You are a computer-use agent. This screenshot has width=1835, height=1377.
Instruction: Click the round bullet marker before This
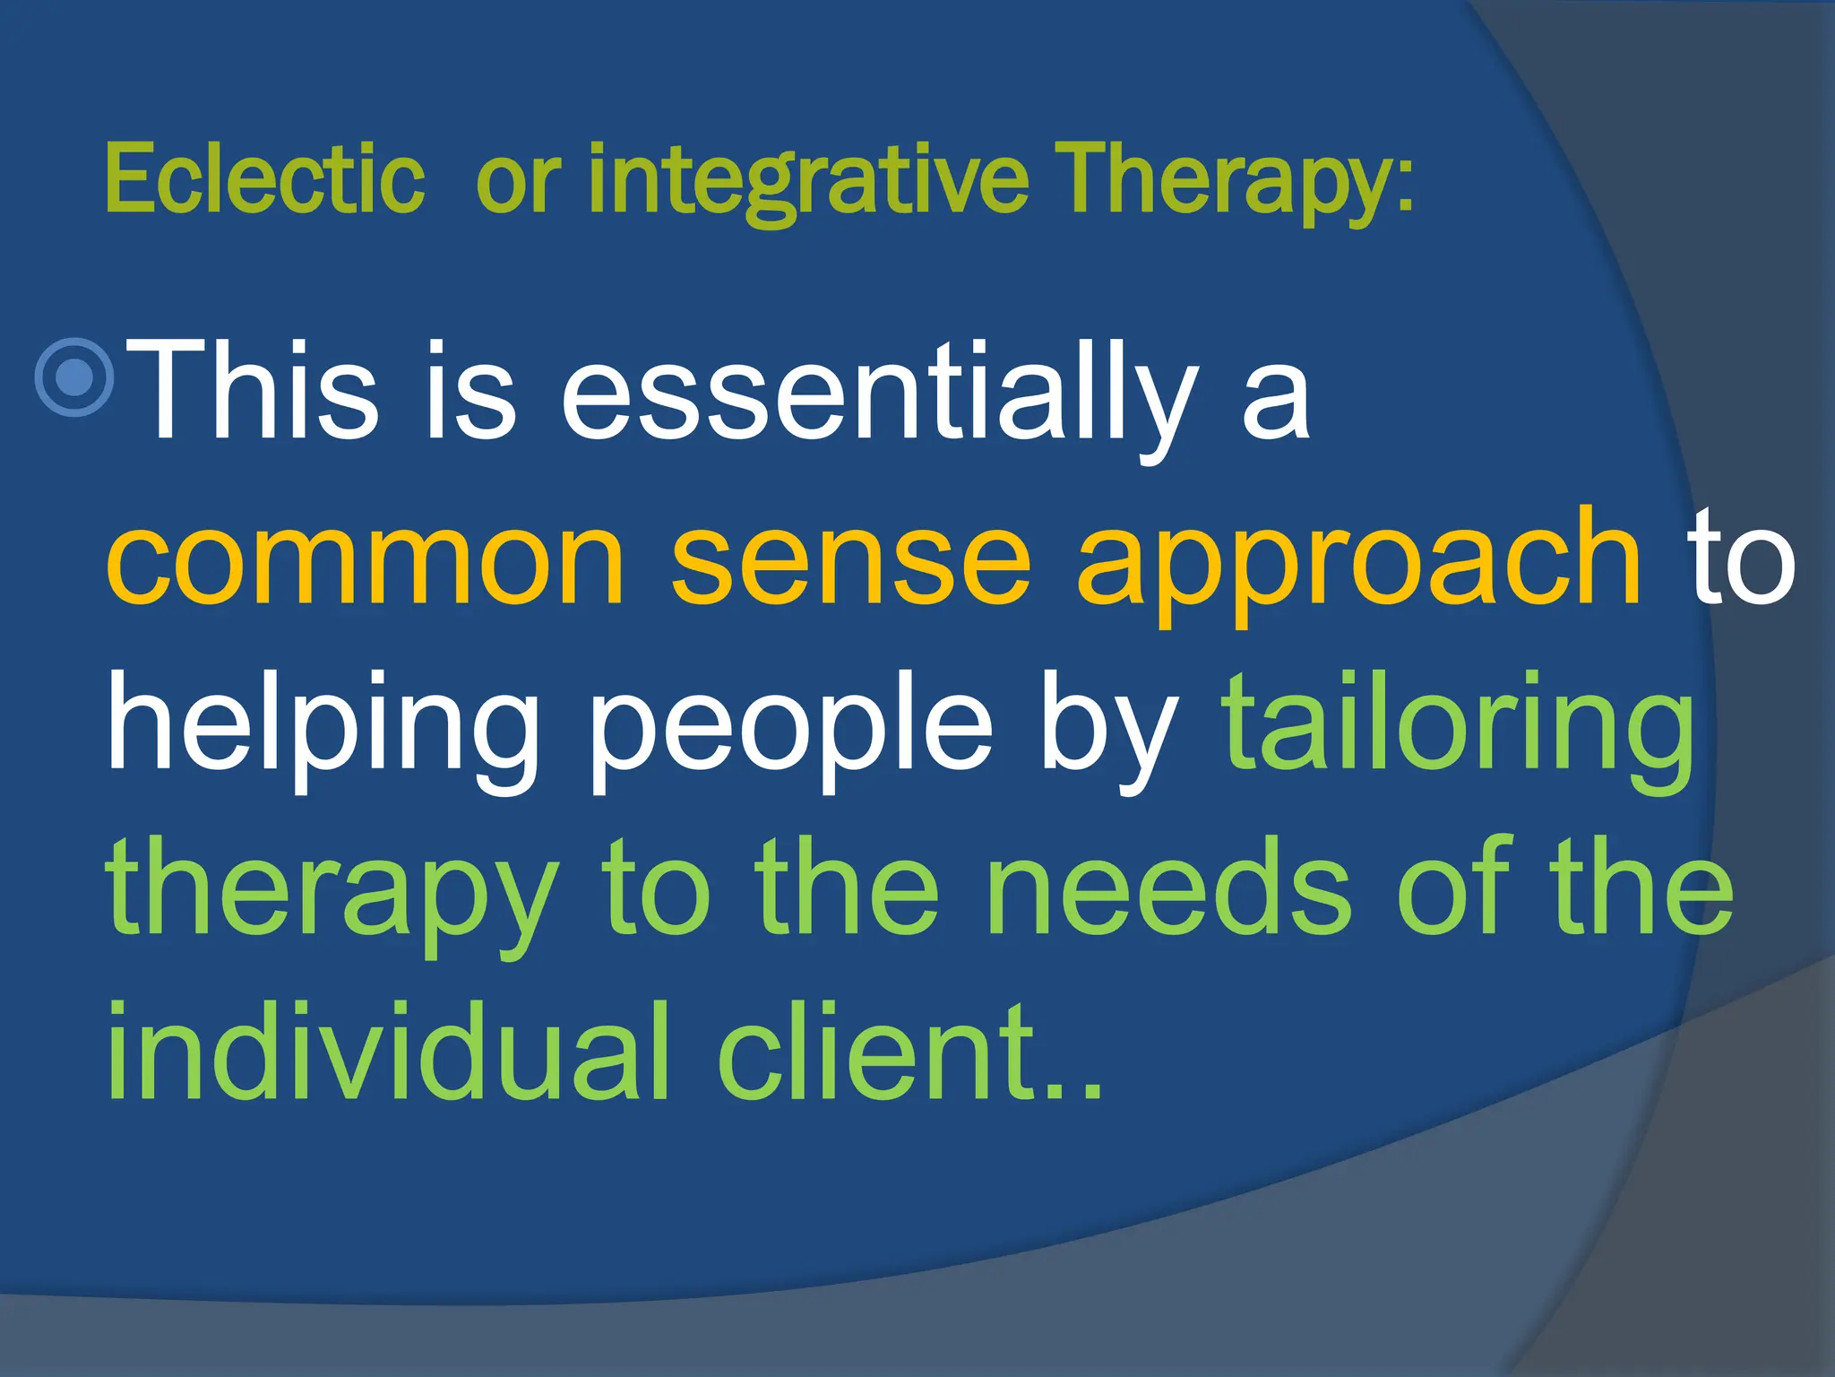[74, 377]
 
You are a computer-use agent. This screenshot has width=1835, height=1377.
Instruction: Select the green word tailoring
[1459, 726]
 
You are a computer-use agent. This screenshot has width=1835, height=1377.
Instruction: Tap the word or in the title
[517, 183]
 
